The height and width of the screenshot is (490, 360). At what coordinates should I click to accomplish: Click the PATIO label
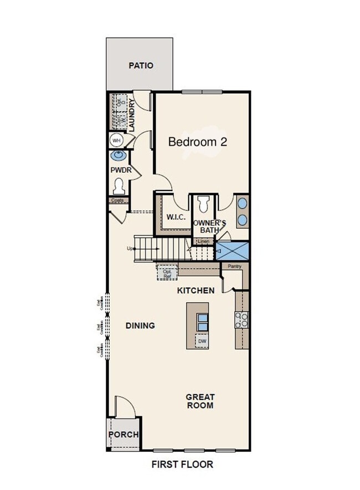click(x=141, y=65)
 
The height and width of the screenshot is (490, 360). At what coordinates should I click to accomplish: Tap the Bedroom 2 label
click(x=198, y=142)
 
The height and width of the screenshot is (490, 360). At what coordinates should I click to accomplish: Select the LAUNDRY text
click(x=132, y=115)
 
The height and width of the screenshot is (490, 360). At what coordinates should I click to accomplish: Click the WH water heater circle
click(x=116, y=141)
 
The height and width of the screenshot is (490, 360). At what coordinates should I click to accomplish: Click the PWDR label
click(x=121, y=170)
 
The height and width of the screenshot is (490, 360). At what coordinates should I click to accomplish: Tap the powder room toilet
click(x=118, y=186)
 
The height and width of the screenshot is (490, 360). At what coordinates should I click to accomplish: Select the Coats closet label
click(x=117, y=200)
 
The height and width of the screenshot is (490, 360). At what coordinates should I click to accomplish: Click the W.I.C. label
click(x=176, y=216)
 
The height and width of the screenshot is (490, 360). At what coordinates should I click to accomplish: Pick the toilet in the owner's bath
click(x=203, y=204)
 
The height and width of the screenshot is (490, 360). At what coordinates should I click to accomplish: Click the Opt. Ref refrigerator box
click(x=167, y=273)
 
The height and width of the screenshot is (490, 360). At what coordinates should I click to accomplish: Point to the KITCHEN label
click(x=196, y=290)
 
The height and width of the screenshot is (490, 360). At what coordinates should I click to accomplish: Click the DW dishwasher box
click(x=202, y=342)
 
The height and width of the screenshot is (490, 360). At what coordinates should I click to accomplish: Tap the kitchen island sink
click(x=203, y=322)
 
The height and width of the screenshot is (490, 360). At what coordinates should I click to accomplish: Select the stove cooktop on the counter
click(x=242, y=319)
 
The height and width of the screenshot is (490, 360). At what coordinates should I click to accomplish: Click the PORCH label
click(x=123, y=435)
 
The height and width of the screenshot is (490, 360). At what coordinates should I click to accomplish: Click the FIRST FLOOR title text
click(x=182, y=465)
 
